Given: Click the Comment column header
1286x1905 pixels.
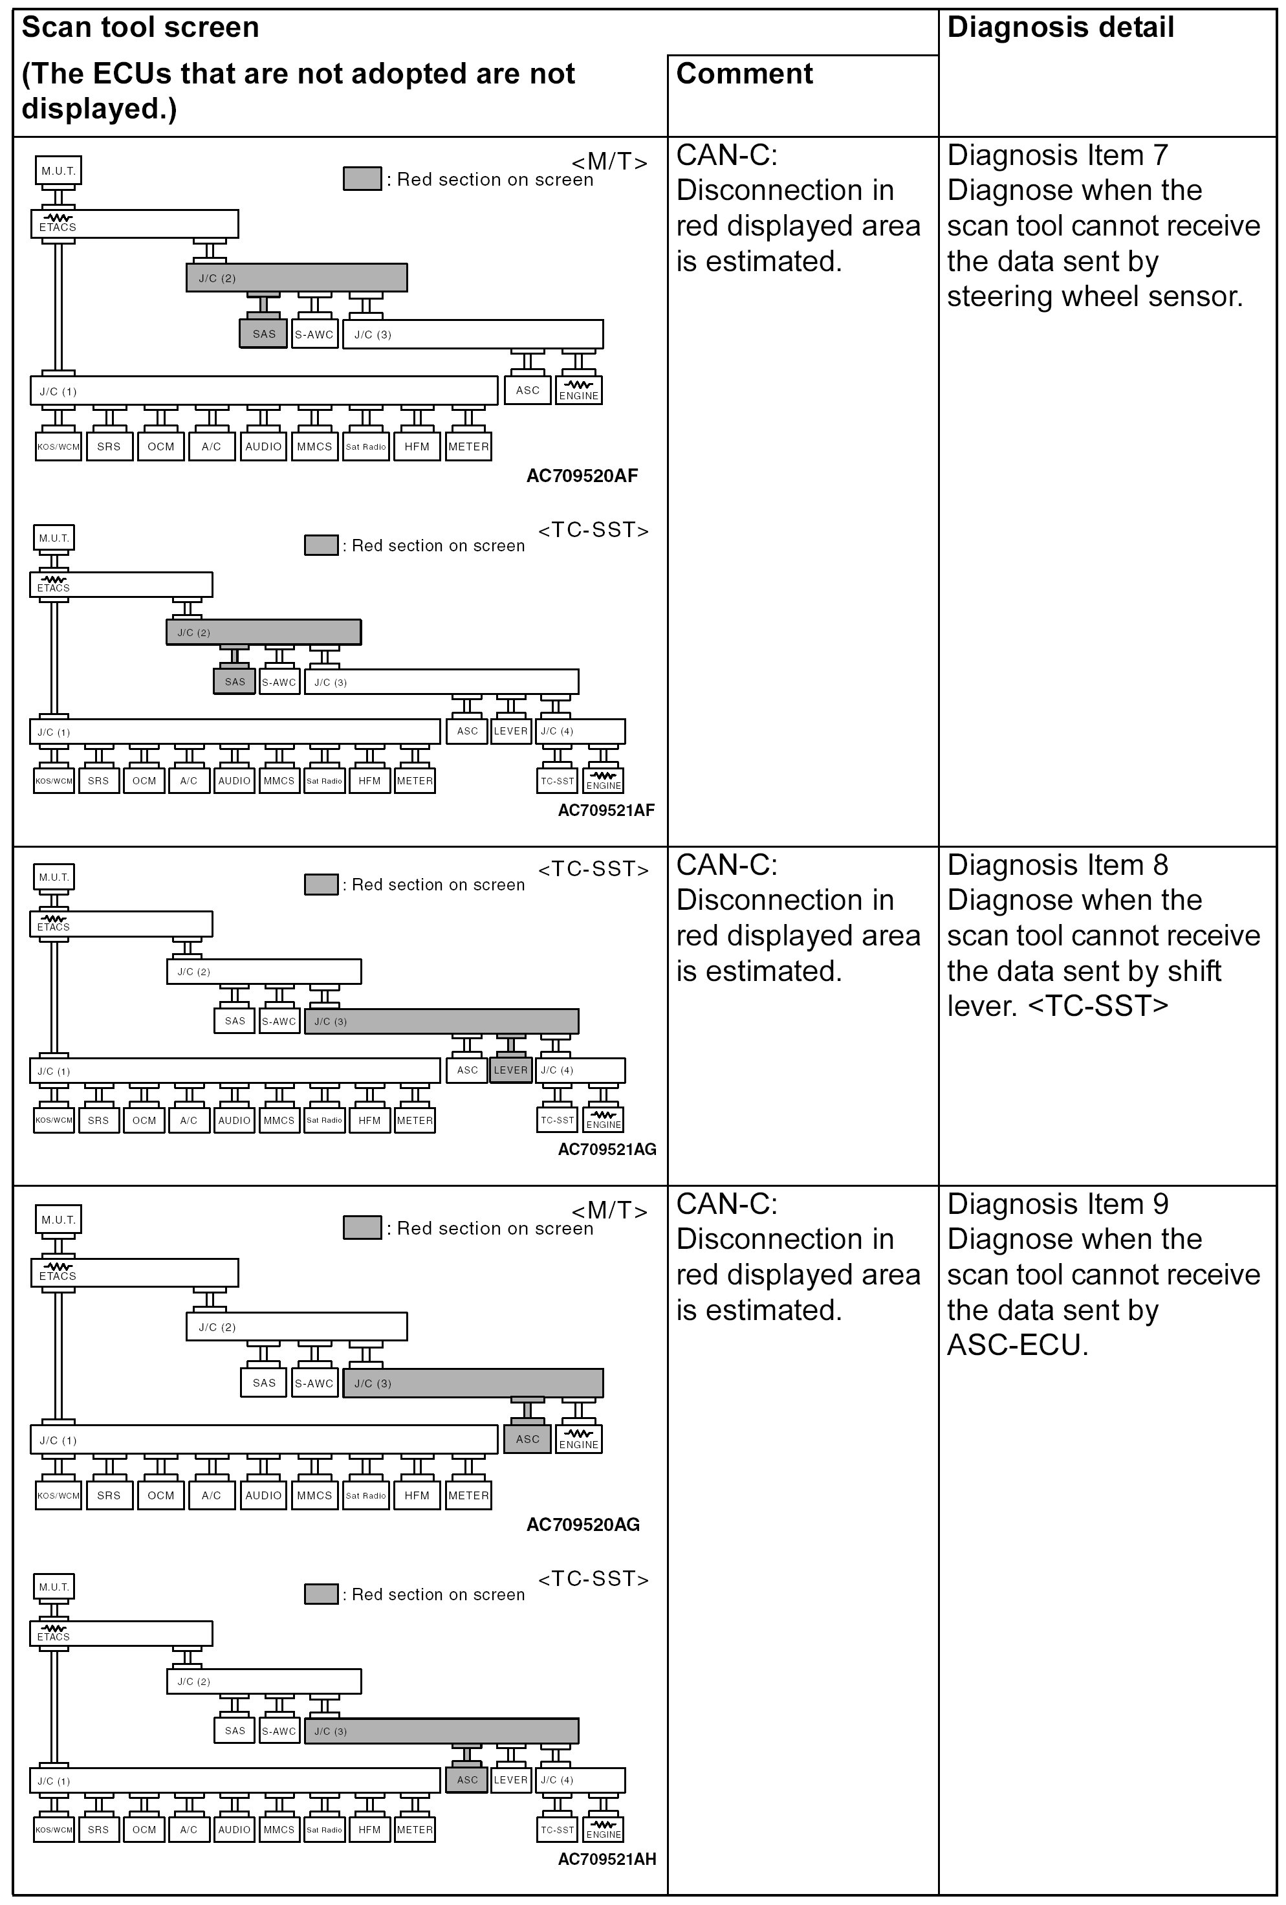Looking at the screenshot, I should tap(744, 74).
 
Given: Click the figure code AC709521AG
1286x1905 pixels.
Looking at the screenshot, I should tap(607, 1149).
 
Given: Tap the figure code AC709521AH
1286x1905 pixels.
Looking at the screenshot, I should tap(607, 1859).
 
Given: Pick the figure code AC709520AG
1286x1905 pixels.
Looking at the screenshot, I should tap(582, 1525).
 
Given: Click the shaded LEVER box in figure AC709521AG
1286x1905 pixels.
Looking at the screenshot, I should tap(510, 1070).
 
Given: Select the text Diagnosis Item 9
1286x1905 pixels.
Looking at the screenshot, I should tap(1057, 1204).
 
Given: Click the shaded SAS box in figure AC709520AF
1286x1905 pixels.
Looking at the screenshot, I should tap(264, 334).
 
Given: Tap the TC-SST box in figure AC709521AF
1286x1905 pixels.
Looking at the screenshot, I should tap(558, 780).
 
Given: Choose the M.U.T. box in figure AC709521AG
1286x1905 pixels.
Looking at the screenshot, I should tap(54, 877).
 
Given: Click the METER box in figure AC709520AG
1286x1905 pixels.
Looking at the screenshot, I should tap(468, 1495).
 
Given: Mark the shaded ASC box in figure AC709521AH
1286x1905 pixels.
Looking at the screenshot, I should tap(467, 1779).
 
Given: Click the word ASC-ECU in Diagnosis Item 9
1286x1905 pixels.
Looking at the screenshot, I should tap(1017, 1345).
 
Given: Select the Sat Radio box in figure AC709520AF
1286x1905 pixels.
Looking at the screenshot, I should tap(365, 446).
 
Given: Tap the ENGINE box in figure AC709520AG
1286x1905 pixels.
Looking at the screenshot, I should tap(579, 1440).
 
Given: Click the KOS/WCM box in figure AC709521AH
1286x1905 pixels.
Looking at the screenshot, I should tap(54, 1829).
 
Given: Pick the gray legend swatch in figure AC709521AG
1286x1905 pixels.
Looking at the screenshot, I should tap(321, 885).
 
